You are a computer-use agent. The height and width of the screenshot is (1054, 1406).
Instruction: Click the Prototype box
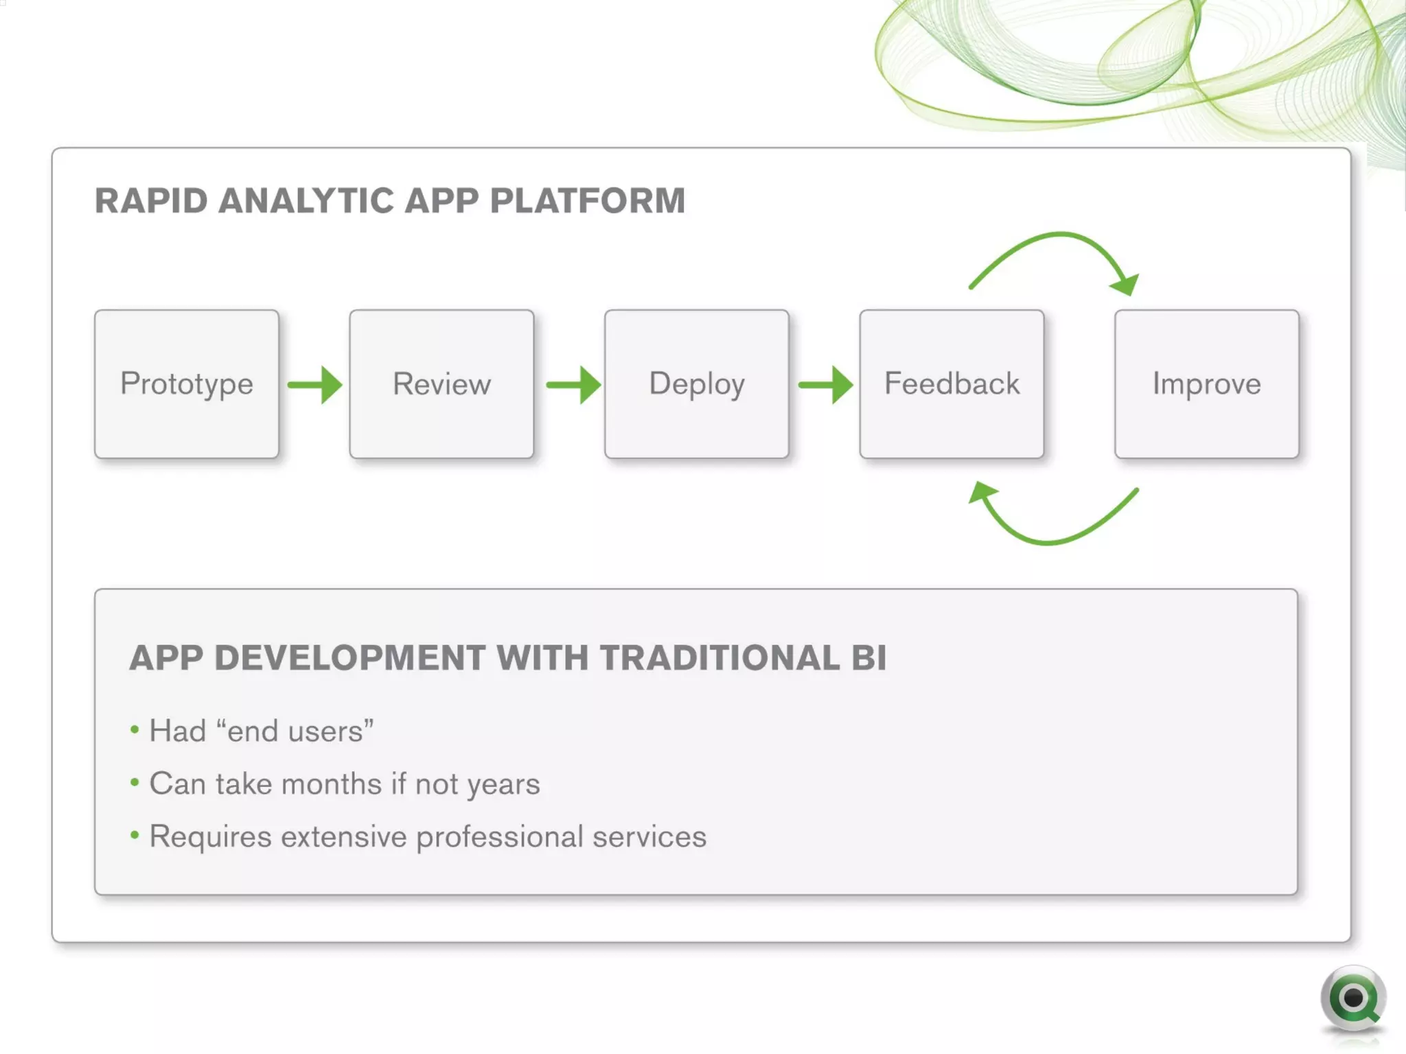pos(187,384)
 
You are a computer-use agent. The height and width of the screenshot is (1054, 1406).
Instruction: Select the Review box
pos(441,384)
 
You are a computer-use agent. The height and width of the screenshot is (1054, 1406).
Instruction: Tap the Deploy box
pos(697,384)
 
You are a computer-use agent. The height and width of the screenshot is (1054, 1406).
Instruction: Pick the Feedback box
pos(952,384)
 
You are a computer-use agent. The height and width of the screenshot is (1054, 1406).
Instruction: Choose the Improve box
pos(1206,384)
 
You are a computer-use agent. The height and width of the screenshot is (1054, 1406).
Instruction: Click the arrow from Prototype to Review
pos(315,385)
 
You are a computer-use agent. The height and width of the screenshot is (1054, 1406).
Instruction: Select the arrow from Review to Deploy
pos(574,385)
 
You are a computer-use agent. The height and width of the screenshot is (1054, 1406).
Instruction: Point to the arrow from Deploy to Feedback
pos(826,385)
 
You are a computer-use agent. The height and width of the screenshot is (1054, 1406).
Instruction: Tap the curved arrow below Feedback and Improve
pos(1050,541)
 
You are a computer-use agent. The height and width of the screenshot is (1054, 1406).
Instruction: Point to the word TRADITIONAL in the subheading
pos(719,657)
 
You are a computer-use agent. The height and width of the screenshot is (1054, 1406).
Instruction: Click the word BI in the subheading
pos(869,657)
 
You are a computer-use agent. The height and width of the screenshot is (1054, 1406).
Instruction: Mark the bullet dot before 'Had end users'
pos(135,729)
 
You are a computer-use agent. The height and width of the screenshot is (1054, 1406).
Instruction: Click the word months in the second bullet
pos(331,784)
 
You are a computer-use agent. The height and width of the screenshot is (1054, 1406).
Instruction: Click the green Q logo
pos(1352,998)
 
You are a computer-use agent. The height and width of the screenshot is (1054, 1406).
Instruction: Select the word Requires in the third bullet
pos(210,837)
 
